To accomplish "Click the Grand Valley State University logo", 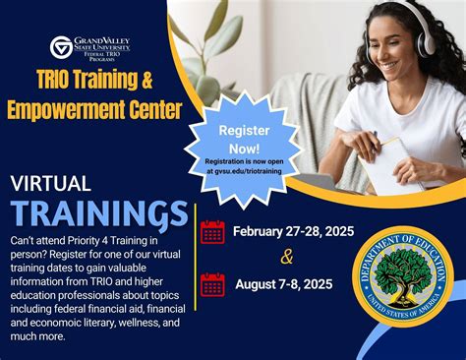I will coord(89,48).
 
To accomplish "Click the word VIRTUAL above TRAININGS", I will coord(50,184).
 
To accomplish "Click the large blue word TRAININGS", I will coord(98,211).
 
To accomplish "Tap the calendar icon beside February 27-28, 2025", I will coord(212,233).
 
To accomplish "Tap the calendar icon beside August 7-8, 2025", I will coord(212,285).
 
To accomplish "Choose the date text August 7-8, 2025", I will coord(284,285).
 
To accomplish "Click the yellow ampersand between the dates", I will coord(286,260).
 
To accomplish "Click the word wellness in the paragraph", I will coord(122,322).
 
